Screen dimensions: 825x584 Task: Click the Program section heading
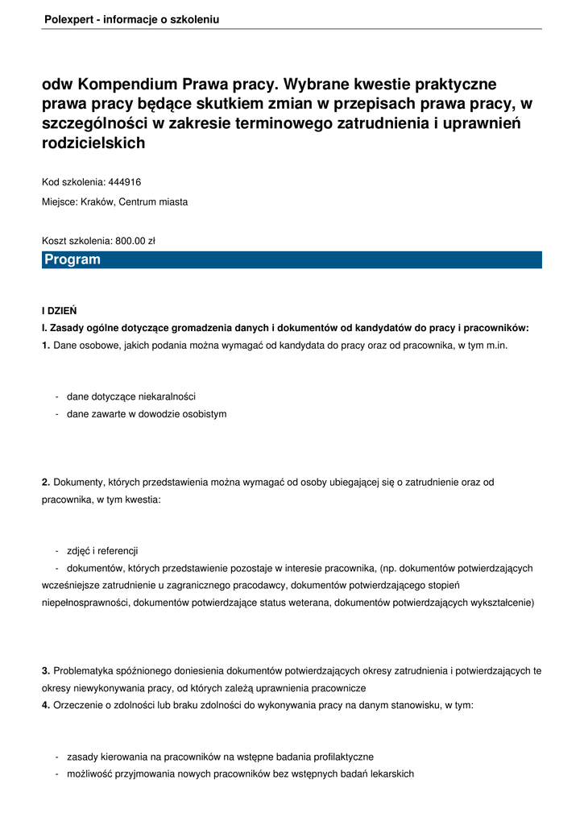72,259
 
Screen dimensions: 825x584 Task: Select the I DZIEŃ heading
59,310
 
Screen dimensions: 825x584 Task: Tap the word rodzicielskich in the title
93,143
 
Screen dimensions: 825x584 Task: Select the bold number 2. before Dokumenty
46,482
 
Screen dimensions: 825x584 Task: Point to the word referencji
118,551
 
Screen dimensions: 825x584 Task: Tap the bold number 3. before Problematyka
46,670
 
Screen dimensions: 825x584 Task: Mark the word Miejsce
59,202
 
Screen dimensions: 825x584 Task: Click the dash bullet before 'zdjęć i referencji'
56,551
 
